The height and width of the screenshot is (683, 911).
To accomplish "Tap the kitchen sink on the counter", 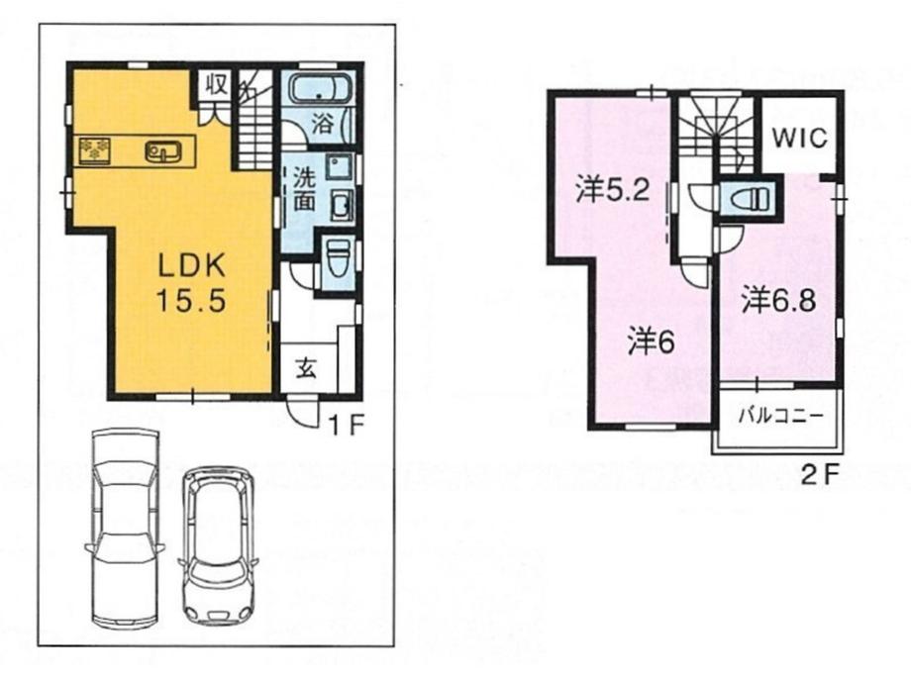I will [162, 151].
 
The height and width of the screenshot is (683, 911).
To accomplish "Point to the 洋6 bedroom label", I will [650, 341].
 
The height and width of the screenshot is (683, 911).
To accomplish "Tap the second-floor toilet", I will [745, 198].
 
